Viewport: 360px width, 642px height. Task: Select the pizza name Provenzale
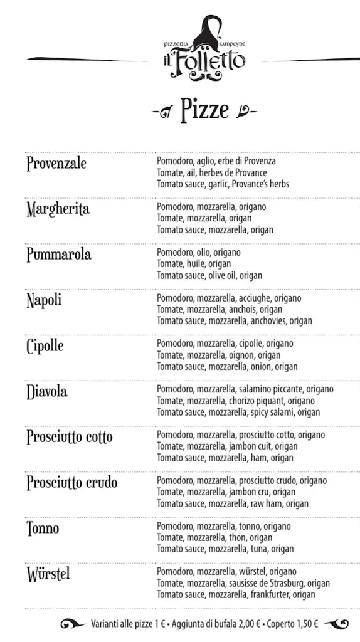(x=56, y=164)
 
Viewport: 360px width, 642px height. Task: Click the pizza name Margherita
(x=58, y=209)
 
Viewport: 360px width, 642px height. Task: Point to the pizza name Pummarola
(x=58, y=255)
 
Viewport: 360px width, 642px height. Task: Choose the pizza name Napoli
(x=44, y=300)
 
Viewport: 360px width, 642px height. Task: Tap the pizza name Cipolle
(x=45, y=346)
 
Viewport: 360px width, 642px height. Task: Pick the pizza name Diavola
(x=46, y=392)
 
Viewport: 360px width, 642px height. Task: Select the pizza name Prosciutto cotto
(x=70, y=438)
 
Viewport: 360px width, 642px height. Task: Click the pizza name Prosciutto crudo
(x=71, y=483)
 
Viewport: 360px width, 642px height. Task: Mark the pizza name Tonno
(x=43, y=529)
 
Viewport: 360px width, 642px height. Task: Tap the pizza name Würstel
(x=48, y=574)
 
